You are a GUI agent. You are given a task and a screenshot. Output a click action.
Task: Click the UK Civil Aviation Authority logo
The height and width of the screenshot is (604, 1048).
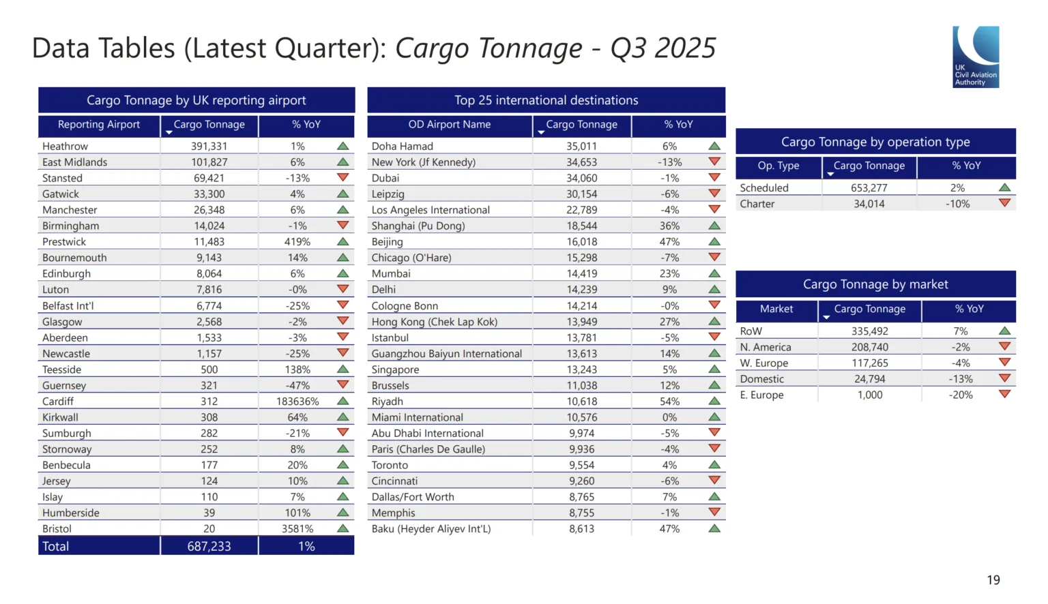[x=976, y=57]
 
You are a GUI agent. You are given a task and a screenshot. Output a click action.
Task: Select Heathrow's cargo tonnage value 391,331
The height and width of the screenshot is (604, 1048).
[x=209, y=146]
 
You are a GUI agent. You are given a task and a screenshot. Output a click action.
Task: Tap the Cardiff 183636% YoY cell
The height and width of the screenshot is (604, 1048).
[x=297, y=402]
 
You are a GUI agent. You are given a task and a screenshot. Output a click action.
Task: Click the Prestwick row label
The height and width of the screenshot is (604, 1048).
[x=64, y=242]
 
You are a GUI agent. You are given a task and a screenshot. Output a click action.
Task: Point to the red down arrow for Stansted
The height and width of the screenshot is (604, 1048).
[x=343, y=178]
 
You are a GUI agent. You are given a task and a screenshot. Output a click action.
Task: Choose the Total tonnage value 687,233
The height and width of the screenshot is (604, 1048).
[x=209, y=547]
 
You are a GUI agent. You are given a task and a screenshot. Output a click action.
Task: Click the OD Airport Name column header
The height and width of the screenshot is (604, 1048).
[x=449, y=125]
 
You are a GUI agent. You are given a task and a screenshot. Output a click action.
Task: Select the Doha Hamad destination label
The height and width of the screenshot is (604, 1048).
[x=402, y=146]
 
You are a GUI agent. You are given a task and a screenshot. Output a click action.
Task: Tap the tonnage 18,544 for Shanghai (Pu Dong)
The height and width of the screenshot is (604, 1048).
[x=581, y=226]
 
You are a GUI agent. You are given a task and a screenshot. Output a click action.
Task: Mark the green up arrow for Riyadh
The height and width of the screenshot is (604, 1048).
[x=714, y=402]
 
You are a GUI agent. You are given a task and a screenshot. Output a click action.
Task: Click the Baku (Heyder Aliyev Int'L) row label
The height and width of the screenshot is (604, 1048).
[x=431, y=529]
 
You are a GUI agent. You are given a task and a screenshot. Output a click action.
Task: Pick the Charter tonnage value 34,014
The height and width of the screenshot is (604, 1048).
[x=869, y=204]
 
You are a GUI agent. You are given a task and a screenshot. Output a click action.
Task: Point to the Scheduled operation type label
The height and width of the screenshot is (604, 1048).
[x=763, y=188]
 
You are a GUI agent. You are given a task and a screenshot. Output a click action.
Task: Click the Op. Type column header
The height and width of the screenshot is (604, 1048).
[x=778, y=166]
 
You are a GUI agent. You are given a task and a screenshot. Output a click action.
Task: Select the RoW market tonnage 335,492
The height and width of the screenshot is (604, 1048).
[x=869, y=331]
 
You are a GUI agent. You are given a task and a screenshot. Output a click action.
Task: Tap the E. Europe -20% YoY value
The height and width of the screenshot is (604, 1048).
[x=961, y=395]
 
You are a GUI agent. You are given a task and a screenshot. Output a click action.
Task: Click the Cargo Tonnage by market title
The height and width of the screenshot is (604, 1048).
[x=875, y=284]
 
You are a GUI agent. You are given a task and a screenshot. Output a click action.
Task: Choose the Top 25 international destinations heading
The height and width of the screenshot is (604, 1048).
[x=546, y=100]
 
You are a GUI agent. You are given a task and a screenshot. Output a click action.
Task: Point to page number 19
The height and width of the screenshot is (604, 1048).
[x=993, y=580]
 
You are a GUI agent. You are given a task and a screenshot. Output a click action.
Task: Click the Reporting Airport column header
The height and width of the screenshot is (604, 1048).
[x=99, y=125]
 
